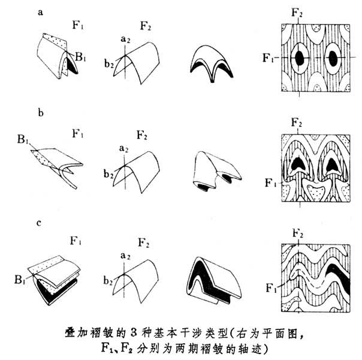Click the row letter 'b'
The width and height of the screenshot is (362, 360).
click(x=40, y=112)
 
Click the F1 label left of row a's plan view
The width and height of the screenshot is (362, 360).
click(x=269, y=58)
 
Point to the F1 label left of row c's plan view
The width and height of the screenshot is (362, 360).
click(x=271, y=287)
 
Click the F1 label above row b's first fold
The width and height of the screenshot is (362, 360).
click(x=76, y=130)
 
